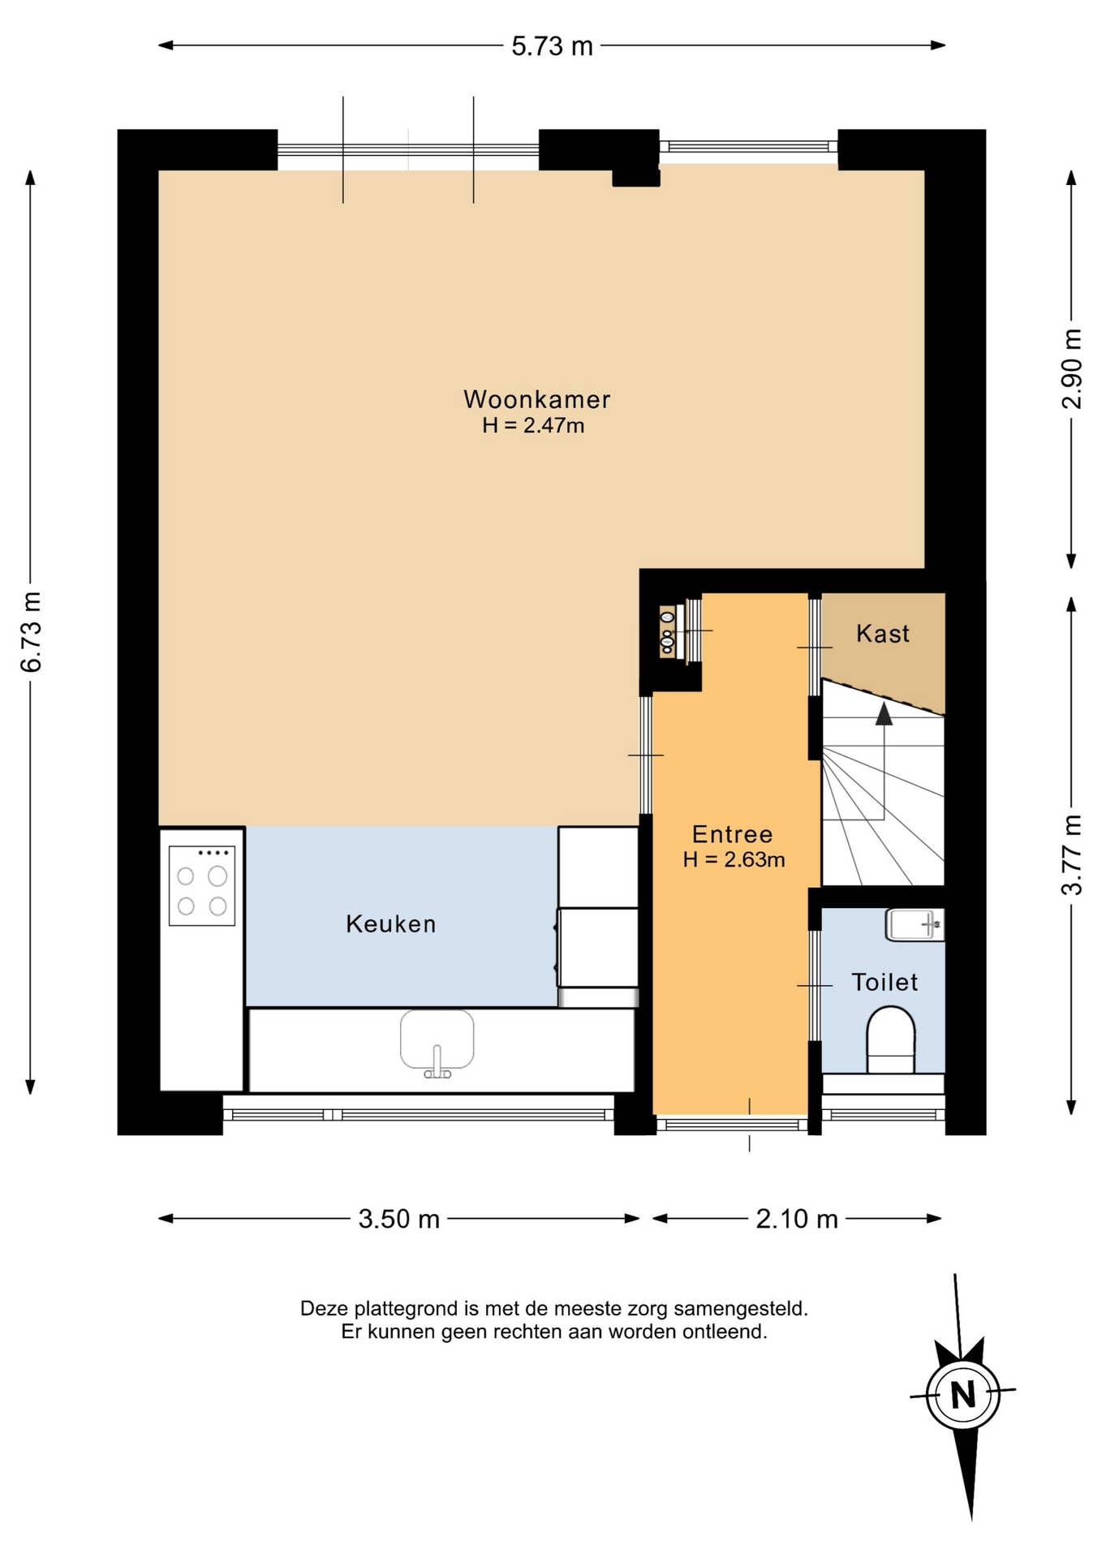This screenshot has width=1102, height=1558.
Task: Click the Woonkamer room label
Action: (536, 399)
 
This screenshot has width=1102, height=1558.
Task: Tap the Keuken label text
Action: (391, 923)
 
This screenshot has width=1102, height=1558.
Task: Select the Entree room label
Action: (732, 834)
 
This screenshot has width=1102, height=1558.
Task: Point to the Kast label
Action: (883, 633)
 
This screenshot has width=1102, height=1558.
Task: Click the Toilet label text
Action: (885, 982)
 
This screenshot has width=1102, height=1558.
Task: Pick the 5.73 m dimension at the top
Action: (552, 46)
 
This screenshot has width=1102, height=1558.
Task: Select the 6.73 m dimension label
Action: (31, 632)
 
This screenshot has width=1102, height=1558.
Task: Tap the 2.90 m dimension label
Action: (1072, 368)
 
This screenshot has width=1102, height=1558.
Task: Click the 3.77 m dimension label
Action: (1072, 854)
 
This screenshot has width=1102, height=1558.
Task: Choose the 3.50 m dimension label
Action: (399, 1219)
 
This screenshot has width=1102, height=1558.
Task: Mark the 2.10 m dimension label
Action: (797, 1219)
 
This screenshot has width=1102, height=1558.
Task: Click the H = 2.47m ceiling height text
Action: (533, 425)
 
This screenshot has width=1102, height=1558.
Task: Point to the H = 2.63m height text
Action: (734, 859)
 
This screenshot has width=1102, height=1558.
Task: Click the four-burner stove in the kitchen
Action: (202, 886)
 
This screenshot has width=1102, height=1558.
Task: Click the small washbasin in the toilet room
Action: (915, 925)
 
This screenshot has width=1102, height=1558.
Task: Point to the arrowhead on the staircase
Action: (884, 714)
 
